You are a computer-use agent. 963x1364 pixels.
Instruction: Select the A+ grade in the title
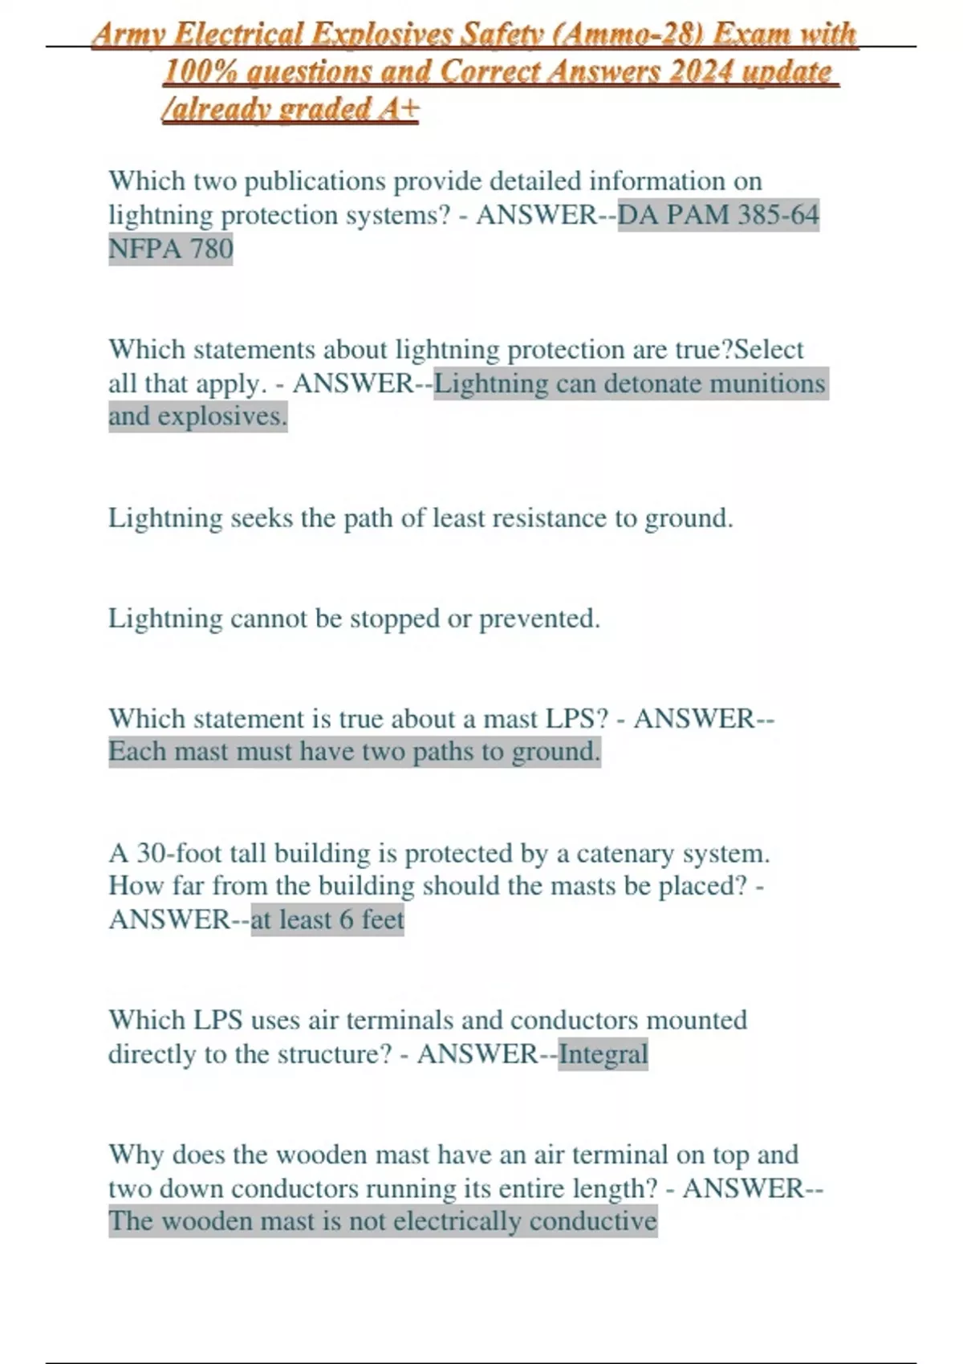click(x=398, y=108)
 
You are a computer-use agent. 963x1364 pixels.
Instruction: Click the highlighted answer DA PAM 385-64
click(x=718, y=215)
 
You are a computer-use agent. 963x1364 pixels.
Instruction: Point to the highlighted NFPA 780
click(x=170, y=249)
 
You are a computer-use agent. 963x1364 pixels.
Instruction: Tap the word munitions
click(x=769, y=384)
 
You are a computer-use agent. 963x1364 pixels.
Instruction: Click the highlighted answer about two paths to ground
click(x=354, y=752)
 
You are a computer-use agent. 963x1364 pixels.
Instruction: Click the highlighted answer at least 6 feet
click(x=327, y=919)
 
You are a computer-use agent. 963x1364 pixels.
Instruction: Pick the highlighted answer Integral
click(x=603, y=1054)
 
